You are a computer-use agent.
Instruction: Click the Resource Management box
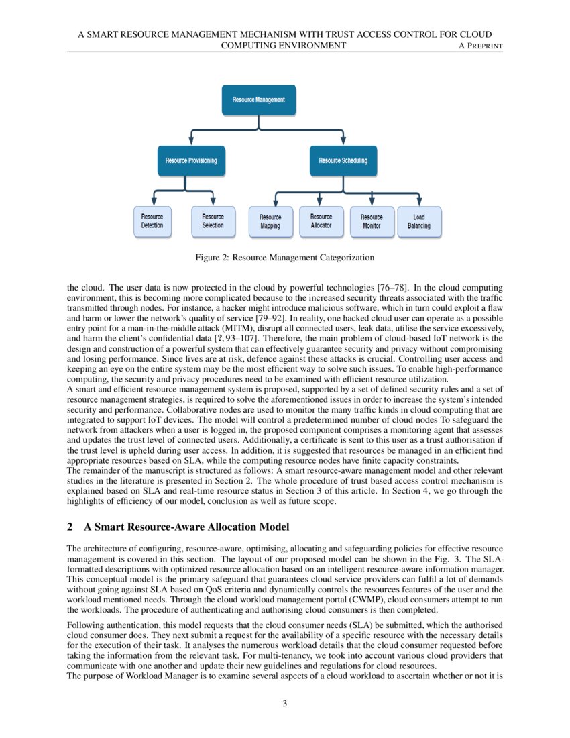point(259,99)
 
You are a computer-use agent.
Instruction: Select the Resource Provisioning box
point(191,161)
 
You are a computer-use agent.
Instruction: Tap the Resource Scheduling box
point(343,161)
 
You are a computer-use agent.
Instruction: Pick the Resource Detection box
point(152,221)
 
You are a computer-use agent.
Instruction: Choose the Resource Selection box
point(213,221)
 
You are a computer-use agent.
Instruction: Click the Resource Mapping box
point(270,222)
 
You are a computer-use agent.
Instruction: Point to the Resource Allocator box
point(321,221)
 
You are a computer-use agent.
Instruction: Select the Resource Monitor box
point(372,222)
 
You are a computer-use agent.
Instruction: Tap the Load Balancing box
point(419,222)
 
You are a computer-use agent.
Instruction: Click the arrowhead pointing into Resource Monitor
point(372,202)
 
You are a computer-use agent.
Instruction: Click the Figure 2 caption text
point(284,257)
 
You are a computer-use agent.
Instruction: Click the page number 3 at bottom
point(284,703)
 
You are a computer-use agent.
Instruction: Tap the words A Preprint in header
point(480,46)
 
